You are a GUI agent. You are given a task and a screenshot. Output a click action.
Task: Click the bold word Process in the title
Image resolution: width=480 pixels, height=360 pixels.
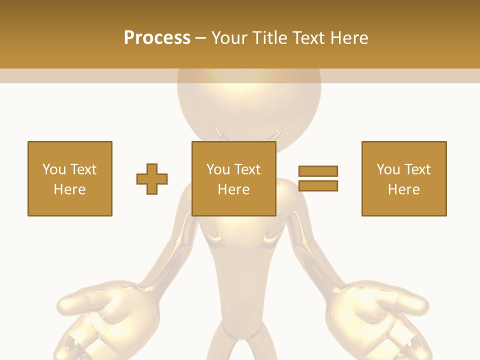tap(157, 38)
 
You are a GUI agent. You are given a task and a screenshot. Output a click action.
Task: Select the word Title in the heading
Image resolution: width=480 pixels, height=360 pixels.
tap(269, 38)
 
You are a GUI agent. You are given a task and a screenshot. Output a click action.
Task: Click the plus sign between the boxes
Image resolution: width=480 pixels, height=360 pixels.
tap(152, 179)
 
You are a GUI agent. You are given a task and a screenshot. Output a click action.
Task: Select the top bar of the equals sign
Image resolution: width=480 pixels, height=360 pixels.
tap(318, 171)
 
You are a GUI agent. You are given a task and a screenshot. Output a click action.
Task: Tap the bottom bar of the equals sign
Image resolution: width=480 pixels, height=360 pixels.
tap(318, 185)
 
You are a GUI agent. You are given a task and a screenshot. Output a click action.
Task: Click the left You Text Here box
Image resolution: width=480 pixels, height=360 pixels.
tap(70, 178)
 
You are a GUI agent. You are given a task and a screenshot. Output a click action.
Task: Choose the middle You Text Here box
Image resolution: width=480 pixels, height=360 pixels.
tap(234, 178)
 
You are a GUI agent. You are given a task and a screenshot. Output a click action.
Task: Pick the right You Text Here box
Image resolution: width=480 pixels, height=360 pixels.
tap(404, 178)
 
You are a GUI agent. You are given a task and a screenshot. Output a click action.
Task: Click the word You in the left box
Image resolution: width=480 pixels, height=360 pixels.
tap(54, 169)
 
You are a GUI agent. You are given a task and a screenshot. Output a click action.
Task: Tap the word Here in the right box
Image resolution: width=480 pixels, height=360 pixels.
tap(404, 189)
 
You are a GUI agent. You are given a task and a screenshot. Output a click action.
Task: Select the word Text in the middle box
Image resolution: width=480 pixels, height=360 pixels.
tap(247, 169)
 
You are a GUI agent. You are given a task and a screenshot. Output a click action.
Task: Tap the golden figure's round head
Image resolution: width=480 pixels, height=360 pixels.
tap(249, 105)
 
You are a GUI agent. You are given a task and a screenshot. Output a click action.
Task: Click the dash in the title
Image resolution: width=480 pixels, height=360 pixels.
tap(201, 38)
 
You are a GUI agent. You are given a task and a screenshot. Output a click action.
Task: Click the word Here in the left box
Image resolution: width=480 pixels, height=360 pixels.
tap(70, 189)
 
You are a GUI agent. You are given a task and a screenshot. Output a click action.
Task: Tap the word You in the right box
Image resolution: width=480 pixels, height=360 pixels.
tap(388, 169)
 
